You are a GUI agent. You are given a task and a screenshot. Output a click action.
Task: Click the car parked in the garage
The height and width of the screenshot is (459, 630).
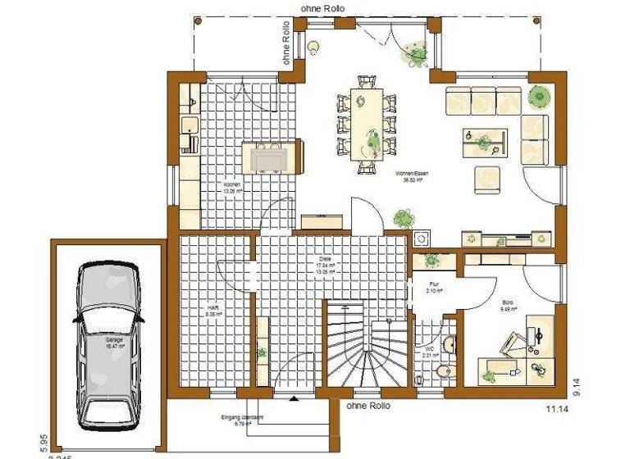coord(108,340)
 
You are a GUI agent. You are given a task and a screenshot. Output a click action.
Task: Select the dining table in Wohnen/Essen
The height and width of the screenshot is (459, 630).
coord(366,123)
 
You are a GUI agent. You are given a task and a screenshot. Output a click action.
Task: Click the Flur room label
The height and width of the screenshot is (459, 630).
coord(434,287)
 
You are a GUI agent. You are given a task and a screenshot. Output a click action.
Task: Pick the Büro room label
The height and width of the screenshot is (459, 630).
coord(508,306)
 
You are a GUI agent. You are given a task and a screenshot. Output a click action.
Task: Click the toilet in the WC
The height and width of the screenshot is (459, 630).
coord(444,372)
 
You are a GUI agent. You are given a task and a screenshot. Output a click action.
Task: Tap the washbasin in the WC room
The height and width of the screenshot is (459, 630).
coord(449,343)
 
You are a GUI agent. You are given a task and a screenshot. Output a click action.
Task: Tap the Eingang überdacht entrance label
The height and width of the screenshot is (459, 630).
coord(242,420)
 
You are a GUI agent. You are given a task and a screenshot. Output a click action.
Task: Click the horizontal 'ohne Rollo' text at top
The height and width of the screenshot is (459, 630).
coord(322,8)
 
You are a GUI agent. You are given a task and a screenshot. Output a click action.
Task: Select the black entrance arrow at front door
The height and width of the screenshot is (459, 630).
coord(293,399)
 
